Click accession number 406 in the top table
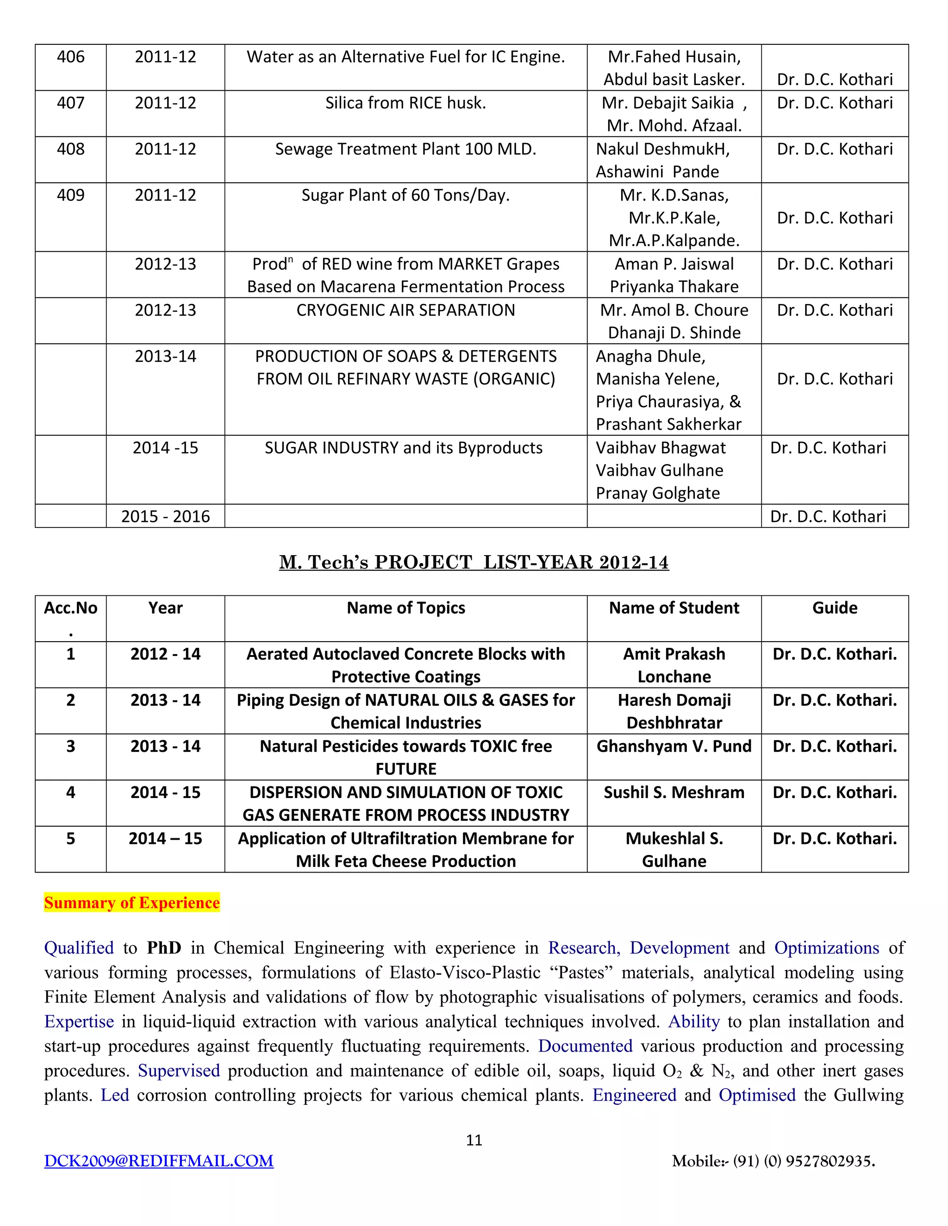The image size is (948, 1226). click(71, 57)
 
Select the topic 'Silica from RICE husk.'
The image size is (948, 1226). click(405, 103)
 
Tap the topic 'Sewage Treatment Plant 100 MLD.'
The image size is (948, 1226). click(405, 149)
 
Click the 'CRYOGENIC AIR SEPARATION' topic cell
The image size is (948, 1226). click(405, 310)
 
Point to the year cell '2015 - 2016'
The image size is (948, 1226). click(165, 516)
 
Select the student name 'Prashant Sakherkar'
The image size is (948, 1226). click(668, 424)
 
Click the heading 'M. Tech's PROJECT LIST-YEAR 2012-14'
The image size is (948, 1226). click(474, 562)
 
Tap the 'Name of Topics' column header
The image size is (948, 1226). click(405, 607)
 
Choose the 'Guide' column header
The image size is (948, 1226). click(835, 607)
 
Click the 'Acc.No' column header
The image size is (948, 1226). click(71, 608)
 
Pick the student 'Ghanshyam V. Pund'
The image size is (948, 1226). click(674, 746)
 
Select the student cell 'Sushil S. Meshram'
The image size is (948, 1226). click(674, 792)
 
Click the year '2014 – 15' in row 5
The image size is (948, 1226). click(165, 838)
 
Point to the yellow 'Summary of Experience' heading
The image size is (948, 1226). click(132, 903)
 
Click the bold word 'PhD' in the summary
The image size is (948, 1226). click(164, 947)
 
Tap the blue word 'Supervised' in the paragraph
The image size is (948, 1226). click(179, 1071)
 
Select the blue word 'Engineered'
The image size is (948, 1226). click(634, 1095)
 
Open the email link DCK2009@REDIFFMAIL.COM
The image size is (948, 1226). click(159, 1161)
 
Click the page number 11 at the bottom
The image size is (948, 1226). click(474, 1140)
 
